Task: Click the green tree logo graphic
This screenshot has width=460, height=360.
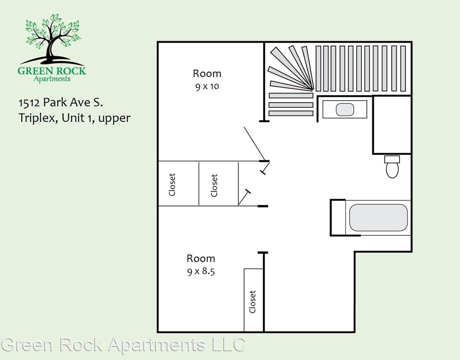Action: coord(52,37)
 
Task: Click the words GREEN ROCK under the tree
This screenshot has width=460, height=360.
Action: coord(52,70)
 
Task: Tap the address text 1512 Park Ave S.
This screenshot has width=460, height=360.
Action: coord(61,102)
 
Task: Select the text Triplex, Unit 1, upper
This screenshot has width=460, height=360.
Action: coord(75,118)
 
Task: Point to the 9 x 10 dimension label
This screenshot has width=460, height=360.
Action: coord(207,87)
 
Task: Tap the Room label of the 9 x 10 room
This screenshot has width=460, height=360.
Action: coord(207,73)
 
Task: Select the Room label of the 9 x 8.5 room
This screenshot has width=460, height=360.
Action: coord(201,258)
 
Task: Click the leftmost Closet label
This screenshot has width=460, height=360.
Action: coord(172,184)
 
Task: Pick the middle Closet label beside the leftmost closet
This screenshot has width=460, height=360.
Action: coord(214,185)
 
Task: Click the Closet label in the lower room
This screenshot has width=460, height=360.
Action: coord(252,301)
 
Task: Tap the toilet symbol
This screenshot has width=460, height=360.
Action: coord(392,167)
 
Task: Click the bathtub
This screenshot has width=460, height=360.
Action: coord(378,217)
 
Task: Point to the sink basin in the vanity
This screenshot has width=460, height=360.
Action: coord(345,109)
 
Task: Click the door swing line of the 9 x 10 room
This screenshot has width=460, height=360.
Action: coord(254,143)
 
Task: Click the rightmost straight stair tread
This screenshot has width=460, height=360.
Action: coord(403,68)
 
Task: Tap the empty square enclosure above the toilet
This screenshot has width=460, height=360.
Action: coord(392,124)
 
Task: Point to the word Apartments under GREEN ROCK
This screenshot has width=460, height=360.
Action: coord(52,79)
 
